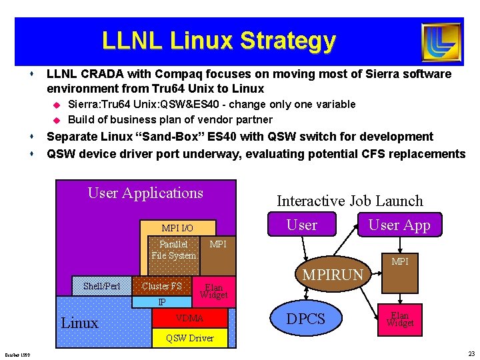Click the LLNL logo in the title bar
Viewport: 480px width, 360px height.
(x=441, y=41)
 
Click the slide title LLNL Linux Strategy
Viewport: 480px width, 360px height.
(x=219, y=41)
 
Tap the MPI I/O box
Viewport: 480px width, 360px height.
(x=177, y=228)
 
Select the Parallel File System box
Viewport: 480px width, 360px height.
(x=173, y=249)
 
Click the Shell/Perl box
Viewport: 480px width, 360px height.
(x=102, y=286)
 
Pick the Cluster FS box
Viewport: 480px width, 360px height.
(x=162, y=286)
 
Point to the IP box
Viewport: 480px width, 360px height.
(x=162, y=302)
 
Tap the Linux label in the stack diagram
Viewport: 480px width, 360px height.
(x=80, y=323)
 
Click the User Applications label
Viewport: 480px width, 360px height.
(x=145, y=193)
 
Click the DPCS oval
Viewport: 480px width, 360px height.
(x=305, y=319)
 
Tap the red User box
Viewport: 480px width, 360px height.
(x=301, y=225)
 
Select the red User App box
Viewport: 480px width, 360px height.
(x=399, y=225)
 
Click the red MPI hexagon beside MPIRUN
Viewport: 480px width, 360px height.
(x=400, y=262)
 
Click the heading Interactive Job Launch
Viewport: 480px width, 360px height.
(x=349, y=201)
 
